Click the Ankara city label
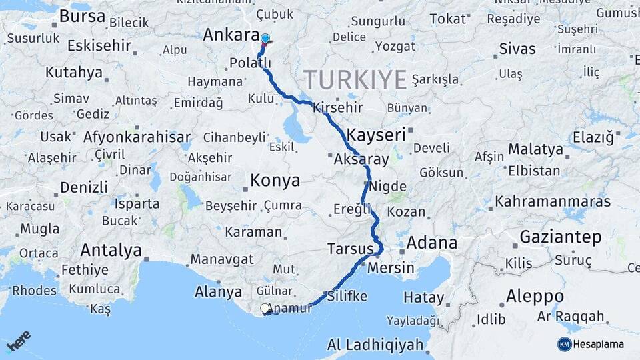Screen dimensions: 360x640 coord(231,35)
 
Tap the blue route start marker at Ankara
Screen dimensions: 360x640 coord(265,39)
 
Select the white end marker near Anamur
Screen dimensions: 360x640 coord(265,309)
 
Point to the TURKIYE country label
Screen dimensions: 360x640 coord(355,79)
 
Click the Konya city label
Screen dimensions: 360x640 coord(275,181)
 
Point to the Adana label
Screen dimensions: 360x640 coord(432,242)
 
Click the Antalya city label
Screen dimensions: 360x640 coord(111,250)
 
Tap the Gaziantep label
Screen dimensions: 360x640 coord(560,237)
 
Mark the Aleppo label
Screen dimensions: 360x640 coord(535,295)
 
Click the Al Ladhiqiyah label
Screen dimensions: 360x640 coord(375,345)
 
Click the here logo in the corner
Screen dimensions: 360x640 coord(18,341)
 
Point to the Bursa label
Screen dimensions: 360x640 coord(82,16)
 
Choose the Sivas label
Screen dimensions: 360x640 coord(517,49)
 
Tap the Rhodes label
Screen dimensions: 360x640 coord(35,291)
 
